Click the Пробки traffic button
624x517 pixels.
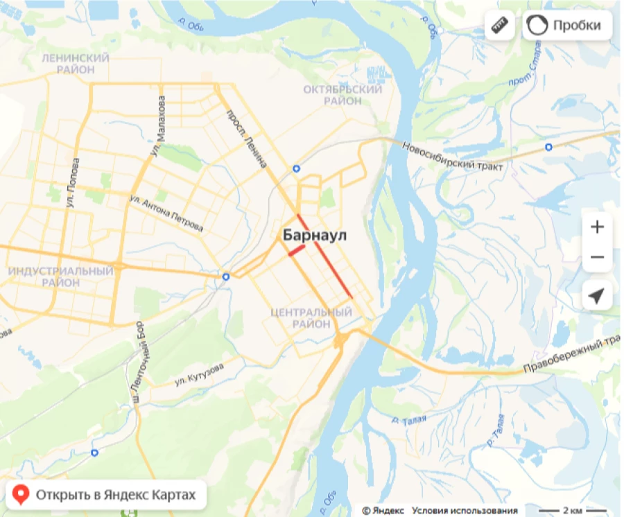pyautogui.click(x=568, y=26)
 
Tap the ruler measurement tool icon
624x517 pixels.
pyautogui.click(x=500, y=26)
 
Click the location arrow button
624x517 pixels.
pyautogui.click(x=597, y=297)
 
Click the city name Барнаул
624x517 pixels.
pyautogui.click(x=315, y=236)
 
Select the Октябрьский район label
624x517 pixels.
pyautogui.click(x=343, y=95)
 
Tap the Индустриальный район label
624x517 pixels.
pyautogui.click(x=60, y=277)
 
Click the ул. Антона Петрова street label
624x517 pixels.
pyautogui.click(x=166, y=213)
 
